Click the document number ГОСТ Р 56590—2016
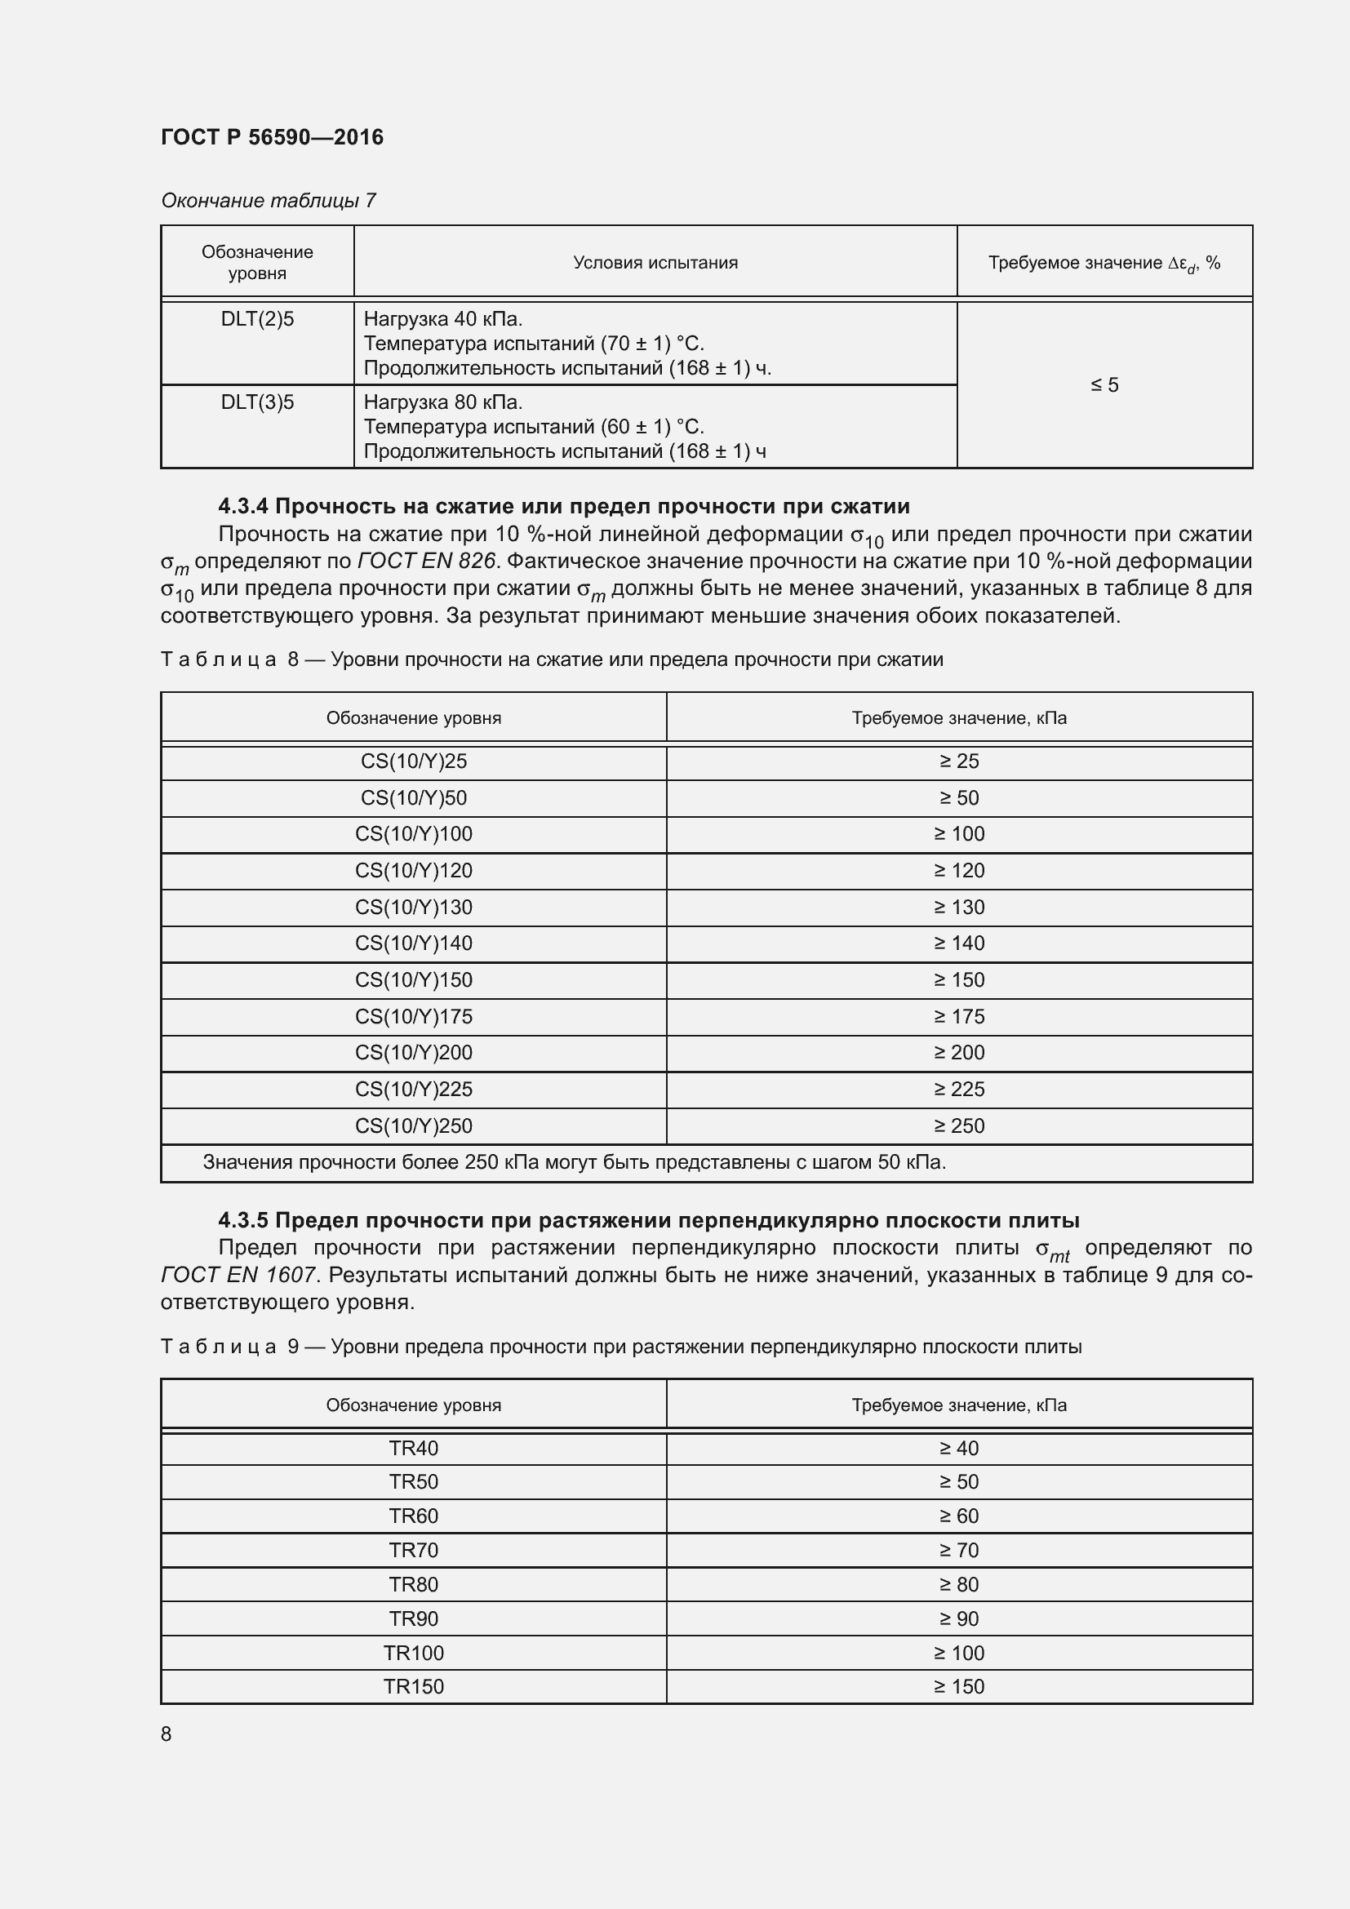click(x=272, y=137)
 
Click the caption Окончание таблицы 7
click(x=268, y=201)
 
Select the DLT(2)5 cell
click(x=257, y=319)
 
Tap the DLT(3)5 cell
click(x=257, y=402)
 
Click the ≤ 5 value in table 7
click(x=1104, y=385)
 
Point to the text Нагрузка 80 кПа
click(x=443, y=402)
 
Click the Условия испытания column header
click(x=655, y=263)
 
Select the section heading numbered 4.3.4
click(x=564, y=506)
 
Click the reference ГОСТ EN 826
click(x=426, y=562)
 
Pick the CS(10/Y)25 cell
click(x=413, y=761)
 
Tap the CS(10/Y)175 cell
click(x=413, y=1016)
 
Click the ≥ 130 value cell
click(x=958, y=907)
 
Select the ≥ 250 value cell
click(x=958, y=1125)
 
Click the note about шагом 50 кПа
click(x=574, y=1162)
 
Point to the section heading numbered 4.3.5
click(x=648, y=1220)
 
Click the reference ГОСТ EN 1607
click(x=238, y=1275)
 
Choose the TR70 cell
click(x=413, y=1550)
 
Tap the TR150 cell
click(x=413, y=1686)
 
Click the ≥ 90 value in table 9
click(x=958, y=1618)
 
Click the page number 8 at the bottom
click(x=167, y=1734)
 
